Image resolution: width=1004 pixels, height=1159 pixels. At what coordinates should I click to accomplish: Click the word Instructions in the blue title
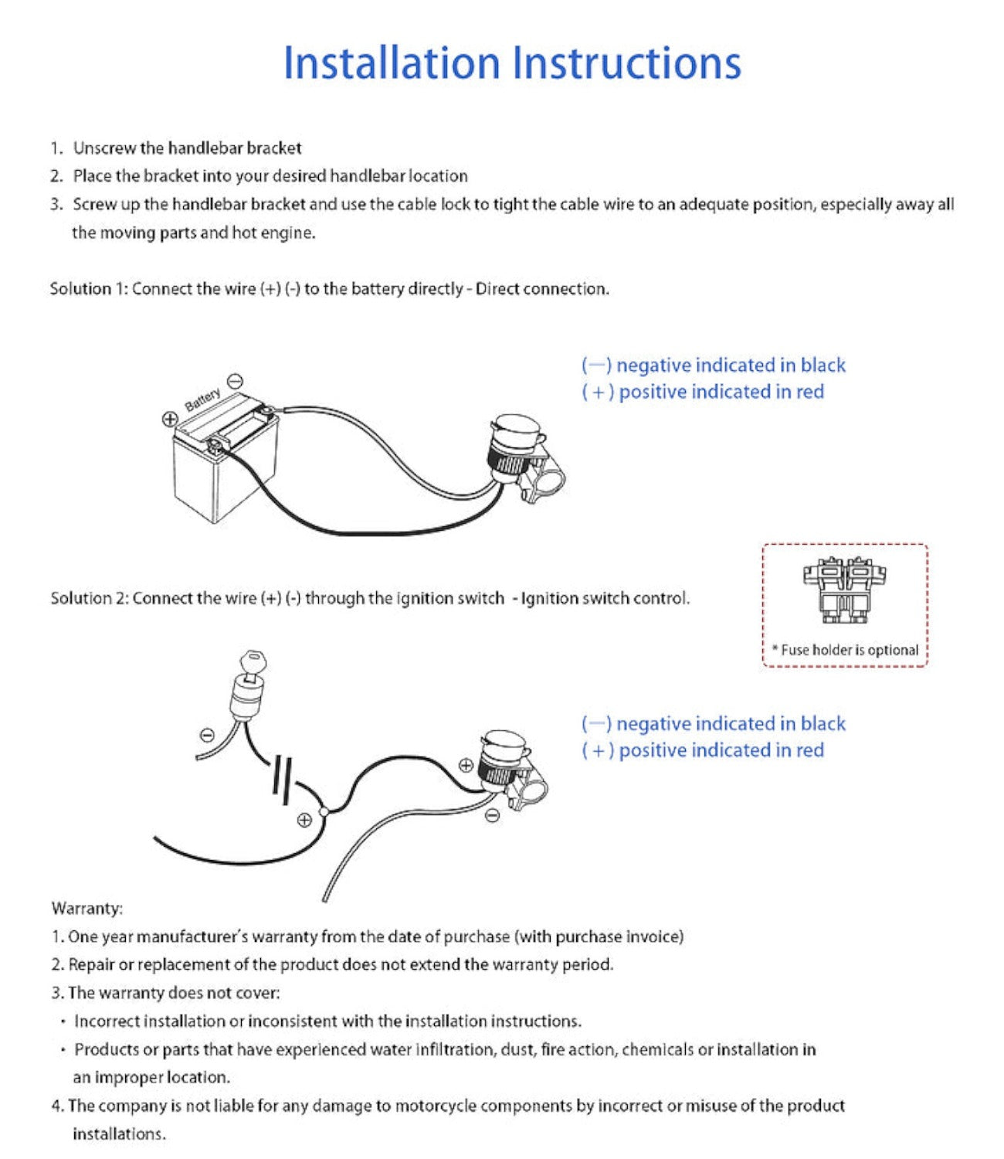point(626,63)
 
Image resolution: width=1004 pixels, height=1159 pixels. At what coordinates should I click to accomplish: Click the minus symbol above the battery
point(236,381)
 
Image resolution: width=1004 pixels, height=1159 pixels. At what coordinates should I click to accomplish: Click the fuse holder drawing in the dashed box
point(844,590)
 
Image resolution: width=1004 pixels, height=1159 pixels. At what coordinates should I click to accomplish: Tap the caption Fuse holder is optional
point(845,650)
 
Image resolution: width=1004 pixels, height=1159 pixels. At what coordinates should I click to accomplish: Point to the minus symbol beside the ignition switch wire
point(207,734)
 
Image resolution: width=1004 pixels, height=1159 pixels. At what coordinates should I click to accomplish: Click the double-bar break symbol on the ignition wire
point(282,776)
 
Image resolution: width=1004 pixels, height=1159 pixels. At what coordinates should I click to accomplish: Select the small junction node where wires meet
point(324,811)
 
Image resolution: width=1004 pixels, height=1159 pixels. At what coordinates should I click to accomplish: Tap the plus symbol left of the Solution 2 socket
point(466,765)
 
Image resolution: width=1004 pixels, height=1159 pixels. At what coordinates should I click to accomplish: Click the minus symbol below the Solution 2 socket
point(492,814)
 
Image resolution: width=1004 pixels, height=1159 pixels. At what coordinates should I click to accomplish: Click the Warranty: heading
point(86,908)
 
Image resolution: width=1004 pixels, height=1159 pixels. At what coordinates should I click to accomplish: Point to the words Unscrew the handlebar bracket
point(187,148)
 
